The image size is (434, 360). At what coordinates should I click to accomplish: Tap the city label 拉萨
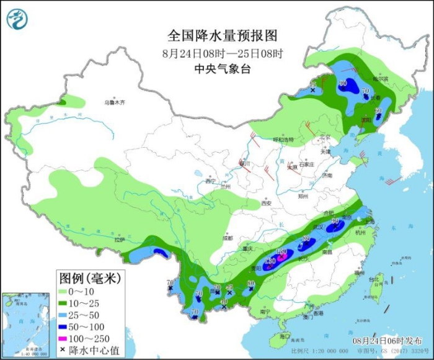120,240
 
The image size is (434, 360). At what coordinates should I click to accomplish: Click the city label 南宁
265,312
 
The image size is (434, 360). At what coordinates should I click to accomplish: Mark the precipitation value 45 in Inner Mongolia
312,84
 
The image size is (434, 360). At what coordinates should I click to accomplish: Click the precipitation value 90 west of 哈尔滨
343,83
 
